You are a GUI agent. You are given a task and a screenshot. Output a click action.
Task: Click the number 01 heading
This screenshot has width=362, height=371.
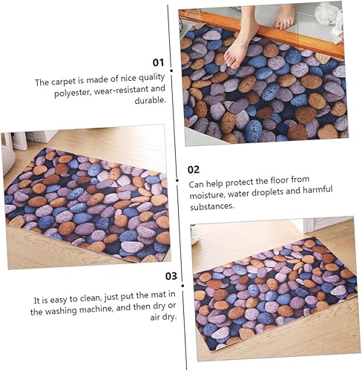coord(157,63)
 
